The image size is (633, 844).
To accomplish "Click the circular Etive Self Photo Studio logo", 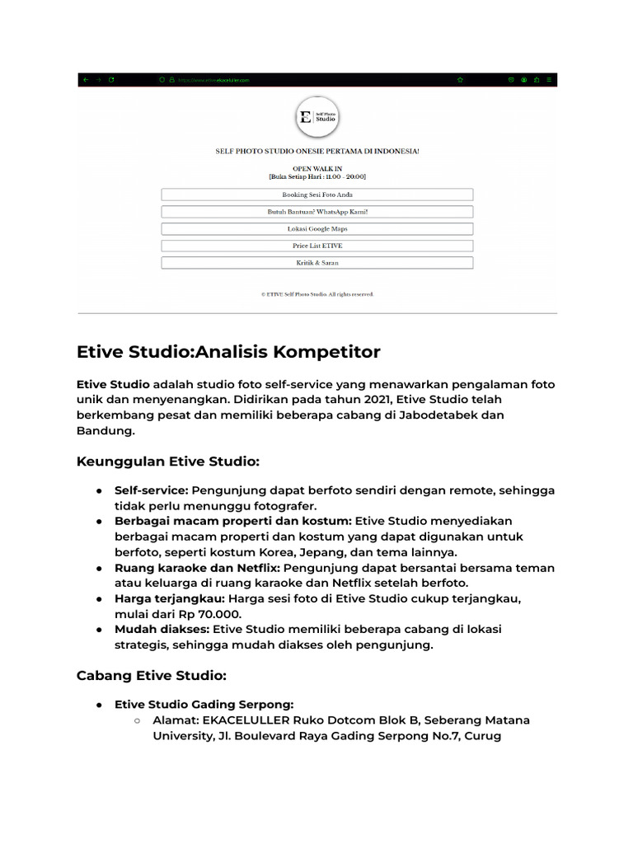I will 317,117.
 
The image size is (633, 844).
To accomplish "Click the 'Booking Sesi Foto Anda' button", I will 317,195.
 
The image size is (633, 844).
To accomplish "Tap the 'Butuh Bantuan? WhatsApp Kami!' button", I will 317,212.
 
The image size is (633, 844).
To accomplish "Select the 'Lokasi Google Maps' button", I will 317,229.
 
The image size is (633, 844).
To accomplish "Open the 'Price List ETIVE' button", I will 317,246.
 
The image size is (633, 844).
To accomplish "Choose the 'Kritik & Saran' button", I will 317,263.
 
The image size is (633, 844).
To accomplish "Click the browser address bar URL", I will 214,80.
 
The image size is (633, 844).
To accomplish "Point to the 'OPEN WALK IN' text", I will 317,168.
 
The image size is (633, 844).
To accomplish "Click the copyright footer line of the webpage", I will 317,293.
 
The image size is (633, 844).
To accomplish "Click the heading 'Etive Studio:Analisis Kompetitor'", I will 228,352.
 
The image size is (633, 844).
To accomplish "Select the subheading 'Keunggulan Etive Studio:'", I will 168,461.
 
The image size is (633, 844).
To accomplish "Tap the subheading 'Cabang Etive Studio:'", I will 151,675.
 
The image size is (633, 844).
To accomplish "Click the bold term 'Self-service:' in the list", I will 151,490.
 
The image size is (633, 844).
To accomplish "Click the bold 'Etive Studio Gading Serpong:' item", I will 204,705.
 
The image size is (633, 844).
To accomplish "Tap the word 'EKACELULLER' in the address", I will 243,720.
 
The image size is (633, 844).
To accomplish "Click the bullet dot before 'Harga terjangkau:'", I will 98,599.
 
